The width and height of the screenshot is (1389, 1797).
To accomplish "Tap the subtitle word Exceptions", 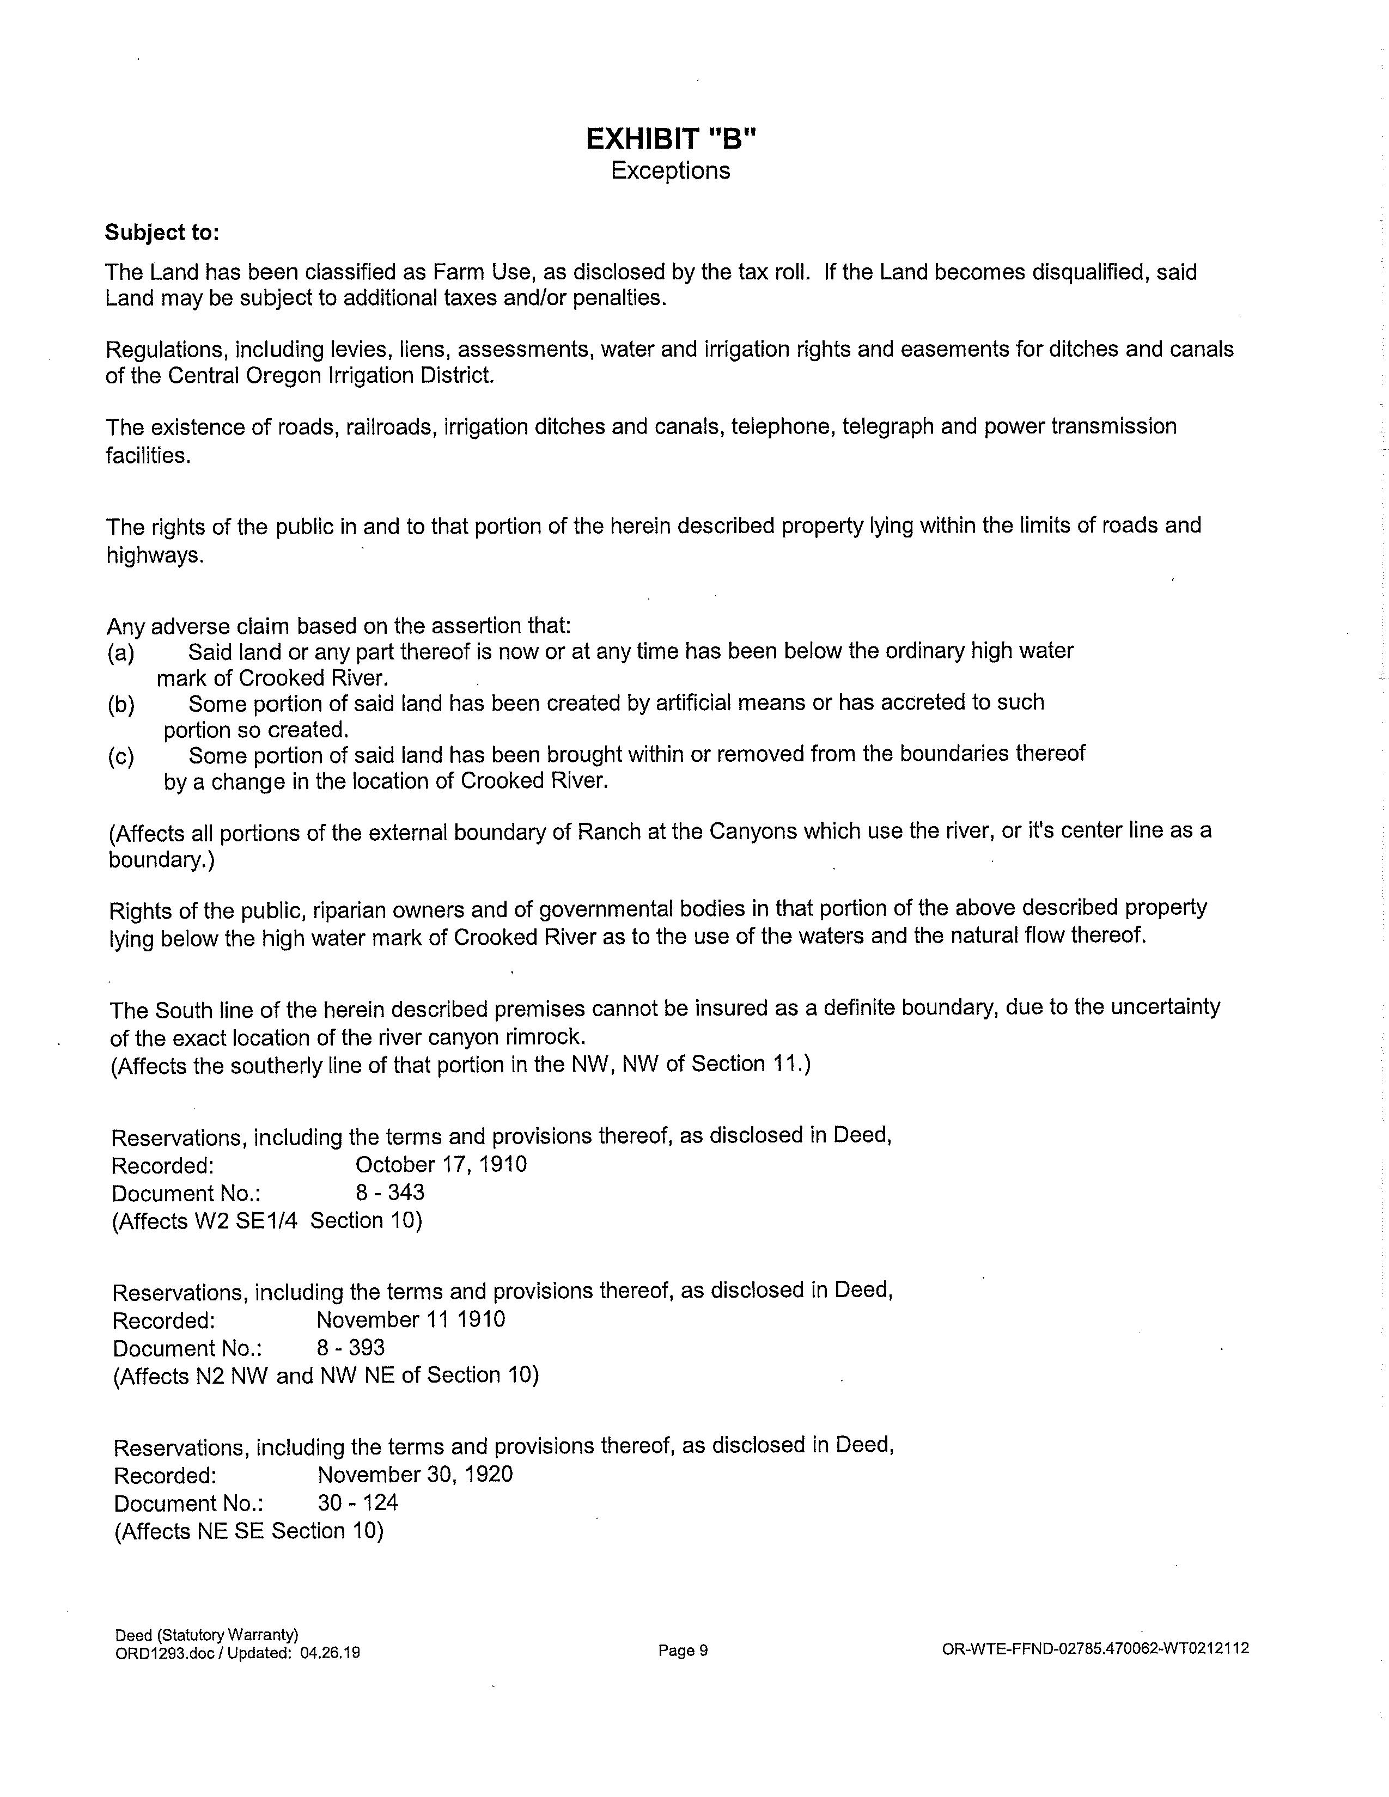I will point(671,170).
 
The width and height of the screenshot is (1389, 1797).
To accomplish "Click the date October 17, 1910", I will point(441,1164).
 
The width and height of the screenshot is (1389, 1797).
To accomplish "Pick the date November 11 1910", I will point(411,1320).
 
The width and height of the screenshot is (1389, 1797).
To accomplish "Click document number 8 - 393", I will point(351,1348).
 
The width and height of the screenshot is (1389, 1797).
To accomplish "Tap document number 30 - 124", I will point(358,1502).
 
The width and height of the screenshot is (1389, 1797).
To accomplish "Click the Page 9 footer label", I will point(683,1651).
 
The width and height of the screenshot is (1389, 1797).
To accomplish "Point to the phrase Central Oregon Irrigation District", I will point(331,376).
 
